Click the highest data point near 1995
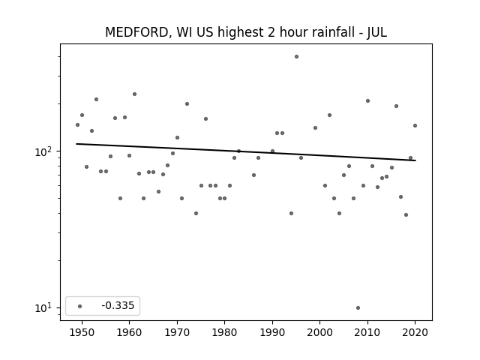(x=296, y=57)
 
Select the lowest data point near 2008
(x=358, y=307)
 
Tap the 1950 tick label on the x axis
(x=82, y=332)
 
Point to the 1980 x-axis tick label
(x=224, y=332)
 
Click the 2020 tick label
(x=415, y=332)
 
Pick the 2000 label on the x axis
(x=319, y=332)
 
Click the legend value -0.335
(x=118, y=305)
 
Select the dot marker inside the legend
(x=80, y=306)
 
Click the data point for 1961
(x=134, y=94)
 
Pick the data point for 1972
(x=187, y=104)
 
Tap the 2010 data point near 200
(x=367, y=101)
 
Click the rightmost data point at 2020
(x=415, y=125)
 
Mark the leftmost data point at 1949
(x=77, y=125)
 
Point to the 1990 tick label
(x=272, y=332)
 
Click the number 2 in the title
(x=271, y=31)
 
